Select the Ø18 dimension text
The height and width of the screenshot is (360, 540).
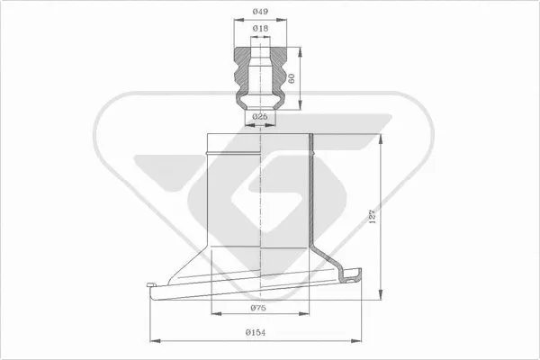click(x=259, y=29)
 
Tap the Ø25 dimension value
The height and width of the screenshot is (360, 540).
click(x=259, y=117)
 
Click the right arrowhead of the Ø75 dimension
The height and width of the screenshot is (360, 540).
click(x=310, y=315)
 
